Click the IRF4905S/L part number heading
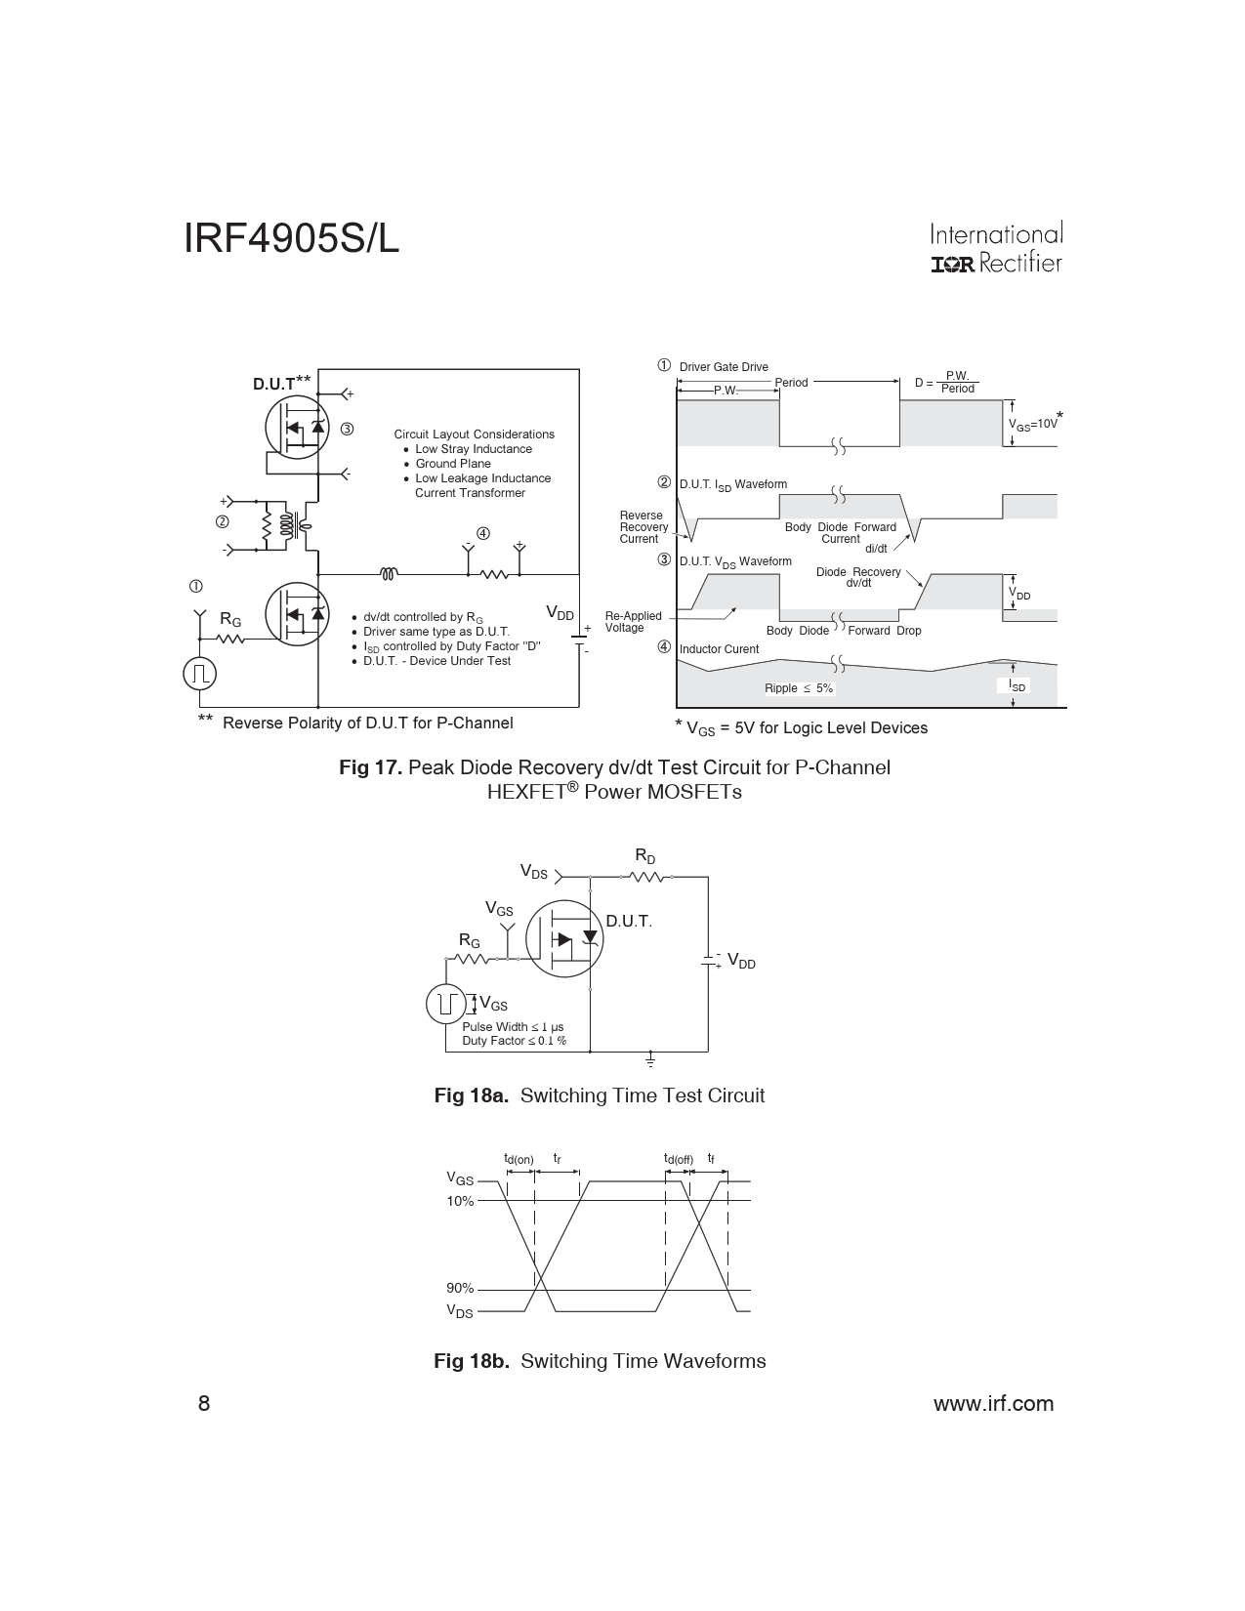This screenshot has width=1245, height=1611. point(291,238)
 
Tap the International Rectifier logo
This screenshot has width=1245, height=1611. point(996,247)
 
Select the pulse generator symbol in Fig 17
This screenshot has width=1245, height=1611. point(199,674)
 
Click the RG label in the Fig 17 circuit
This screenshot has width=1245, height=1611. point(230,619)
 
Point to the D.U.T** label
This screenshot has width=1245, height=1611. point(282,383)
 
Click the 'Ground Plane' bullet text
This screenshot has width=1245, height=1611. point(452,464)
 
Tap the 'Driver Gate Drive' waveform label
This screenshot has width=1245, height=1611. point(724,367)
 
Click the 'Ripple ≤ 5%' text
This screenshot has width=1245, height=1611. point(799,688)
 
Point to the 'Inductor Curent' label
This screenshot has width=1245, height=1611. point(720,648)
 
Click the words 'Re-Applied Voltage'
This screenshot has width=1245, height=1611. point(634,622)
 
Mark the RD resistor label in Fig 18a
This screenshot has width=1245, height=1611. point(645,855)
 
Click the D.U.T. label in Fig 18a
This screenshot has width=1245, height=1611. point(629,921)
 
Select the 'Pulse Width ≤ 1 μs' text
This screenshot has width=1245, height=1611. point(513,1027)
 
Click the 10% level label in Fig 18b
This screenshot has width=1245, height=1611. point(460,1201)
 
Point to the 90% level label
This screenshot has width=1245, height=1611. point(460,1288)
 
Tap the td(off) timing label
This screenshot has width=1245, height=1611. point(679,1159)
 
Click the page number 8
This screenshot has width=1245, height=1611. point(204,1403)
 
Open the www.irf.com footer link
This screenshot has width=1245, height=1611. point(994,1403)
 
